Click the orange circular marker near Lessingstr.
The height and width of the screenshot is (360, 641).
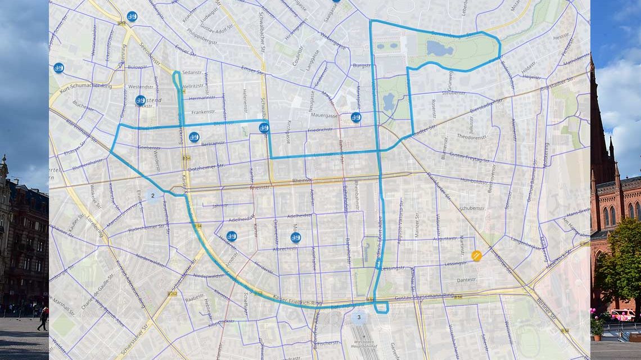[476, 256]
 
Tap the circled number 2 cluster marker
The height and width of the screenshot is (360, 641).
[152, 196]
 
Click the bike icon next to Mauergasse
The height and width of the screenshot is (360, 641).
[356, 118]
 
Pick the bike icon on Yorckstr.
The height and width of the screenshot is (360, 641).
[141, 100]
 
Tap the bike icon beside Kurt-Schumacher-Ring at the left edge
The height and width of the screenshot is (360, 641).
[58, 68]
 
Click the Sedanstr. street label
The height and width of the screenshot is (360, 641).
[192, 73]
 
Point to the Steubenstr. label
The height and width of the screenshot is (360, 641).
[453, 93]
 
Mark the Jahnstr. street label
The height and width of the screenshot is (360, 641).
[220, 206]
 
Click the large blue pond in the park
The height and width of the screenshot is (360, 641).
[440, 48]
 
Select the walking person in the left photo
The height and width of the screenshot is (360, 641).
[43, 318]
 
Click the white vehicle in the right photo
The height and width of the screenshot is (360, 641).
[621, 315]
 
